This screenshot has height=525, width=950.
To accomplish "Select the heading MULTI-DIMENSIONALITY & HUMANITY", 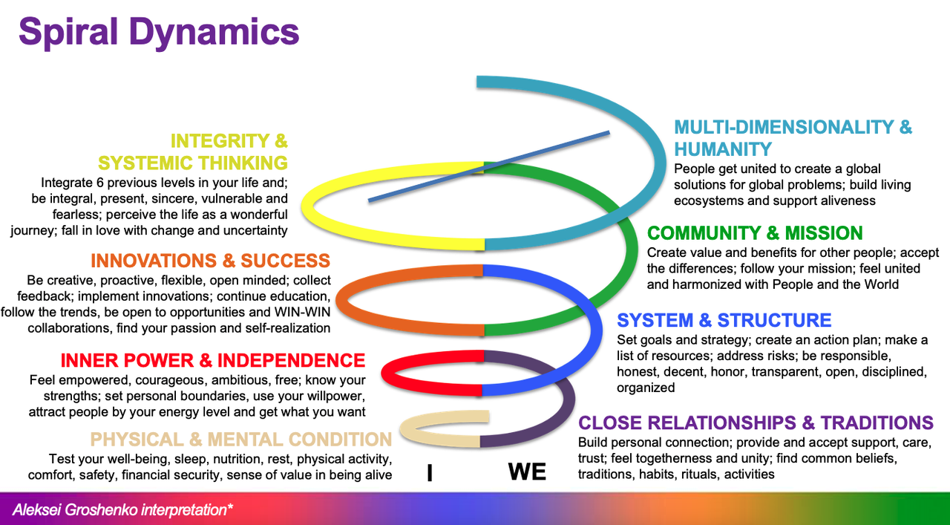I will pyautogui.click(x=793, y=137).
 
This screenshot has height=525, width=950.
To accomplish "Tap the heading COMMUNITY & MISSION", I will pyautogui.click(x=754, y=233).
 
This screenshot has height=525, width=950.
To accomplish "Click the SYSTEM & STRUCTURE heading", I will pyautogui.click(x=724, y=320).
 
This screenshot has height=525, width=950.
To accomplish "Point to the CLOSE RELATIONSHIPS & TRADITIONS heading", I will pyautogui.click(x=756, y=423).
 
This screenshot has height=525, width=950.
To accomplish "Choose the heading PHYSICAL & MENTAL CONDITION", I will pyautogui.click(x=240, y=438).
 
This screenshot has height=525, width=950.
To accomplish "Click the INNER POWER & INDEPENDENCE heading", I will pyautogui.click(x=212, y=361).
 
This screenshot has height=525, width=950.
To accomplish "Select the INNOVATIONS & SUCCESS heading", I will pyautogui.click(x=210, y=261).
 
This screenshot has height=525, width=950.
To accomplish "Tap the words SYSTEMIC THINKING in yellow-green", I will pyautogui.click(x=193, y=163).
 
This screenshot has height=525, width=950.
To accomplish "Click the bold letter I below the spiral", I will pyautogui.click(x=430, y=473).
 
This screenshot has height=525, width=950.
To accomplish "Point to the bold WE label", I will pyautogui.click(x=527, y=472).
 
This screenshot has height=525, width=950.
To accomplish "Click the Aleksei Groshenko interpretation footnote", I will pyautogui.click(x=122, y=510).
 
